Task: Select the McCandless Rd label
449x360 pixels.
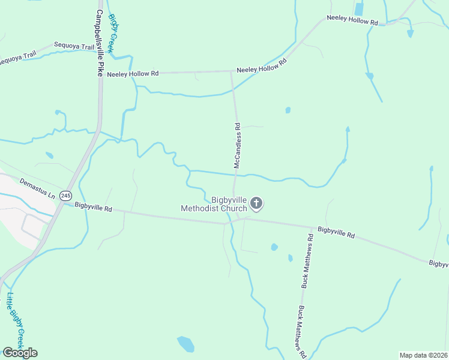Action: coord(238,146)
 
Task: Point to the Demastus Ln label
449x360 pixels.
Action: coord(37,188)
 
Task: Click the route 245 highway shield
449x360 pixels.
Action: coord(66,196)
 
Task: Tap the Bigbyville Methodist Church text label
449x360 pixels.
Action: coord(214,204)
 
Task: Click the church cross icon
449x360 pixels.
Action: coord(256,203)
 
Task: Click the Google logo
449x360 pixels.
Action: coord(20,353)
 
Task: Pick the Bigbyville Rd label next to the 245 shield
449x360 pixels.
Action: coord(94,208)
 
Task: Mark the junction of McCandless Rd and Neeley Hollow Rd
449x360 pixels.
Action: coord(232,71)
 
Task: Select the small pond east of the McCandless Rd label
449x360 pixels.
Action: coord(288,110)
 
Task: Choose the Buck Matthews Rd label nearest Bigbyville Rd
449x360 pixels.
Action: coord(307,261)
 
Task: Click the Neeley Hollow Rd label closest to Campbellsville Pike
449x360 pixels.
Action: coord(133,73)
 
